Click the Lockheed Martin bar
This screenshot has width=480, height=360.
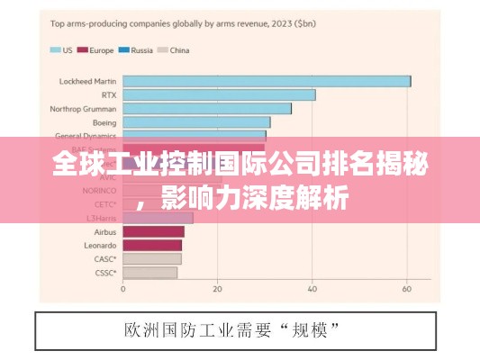(267, 81)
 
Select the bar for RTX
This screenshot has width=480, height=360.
(219, 94)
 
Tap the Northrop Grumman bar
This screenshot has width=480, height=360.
(207, 108)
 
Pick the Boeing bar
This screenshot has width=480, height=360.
(196, 121)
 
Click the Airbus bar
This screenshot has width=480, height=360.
(153, 231)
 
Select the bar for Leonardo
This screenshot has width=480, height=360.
(152, 245)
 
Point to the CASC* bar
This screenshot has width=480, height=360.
(151, 258)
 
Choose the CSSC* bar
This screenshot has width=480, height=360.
(149, 272)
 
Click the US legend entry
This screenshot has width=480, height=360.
(62, 50)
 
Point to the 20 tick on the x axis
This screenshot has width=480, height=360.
(217, 290)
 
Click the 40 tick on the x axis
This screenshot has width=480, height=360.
(312, 290)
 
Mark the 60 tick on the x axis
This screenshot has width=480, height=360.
(406, 290)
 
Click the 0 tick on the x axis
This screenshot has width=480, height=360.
(123, 290)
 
